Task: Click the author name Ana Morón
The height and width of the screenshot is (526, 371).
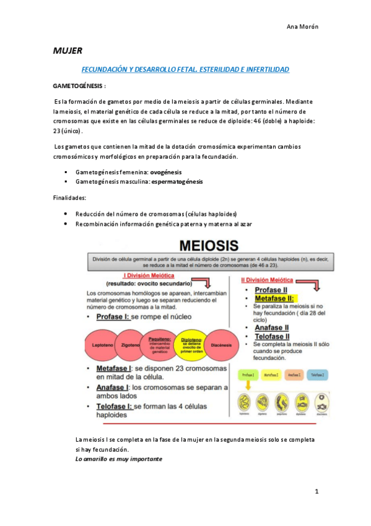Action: (303, 26)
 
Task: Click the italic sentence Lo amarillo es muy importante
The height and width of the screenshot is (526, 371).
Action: (118, 459)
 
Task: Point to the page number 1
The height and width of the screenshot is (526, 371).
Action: (316, 491)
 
